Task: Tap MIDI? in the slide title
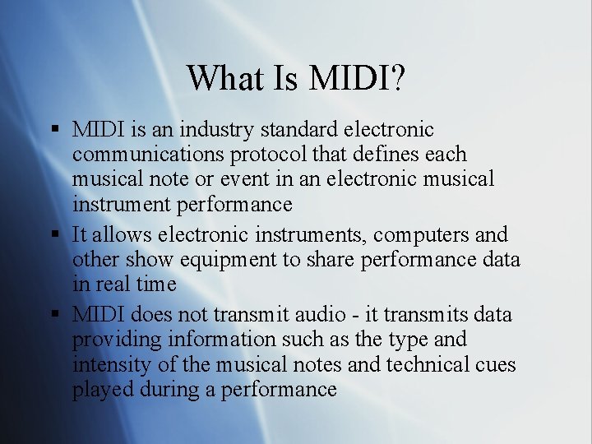tap(358, 78)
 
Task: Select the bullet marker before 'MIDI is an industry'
tap(55, 130)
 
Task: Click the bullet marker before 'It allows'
tap(55, 235)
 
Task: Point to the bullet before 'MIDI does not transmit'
tap(55, 315)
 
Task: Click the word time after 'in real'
tap(155, 284)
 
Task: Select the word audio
tap(313, 315)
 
